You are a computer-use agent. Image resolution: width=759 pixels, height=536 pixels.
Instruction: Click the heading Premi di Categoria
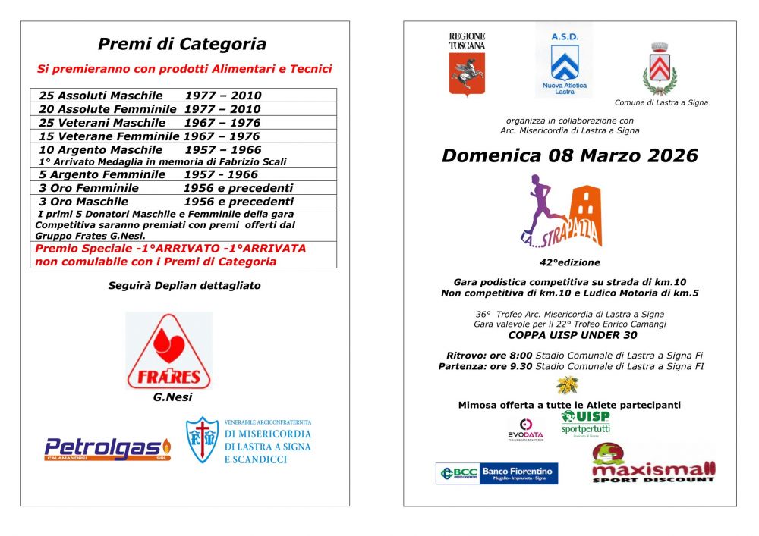tap(182, 44)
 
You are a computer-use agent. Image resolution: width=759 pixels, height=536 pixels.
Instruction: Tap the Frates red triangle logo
tap(168, 350)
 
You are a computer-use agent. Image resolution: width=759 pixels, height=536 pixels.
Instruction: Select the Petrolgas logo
tap(107, 449)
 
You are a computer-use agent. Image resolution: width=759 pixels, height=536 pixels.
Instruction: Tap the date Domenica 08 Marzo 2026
tap(569, 155)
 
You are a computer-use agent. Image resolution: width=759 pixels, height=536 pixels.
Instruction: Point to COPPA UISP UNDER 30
tap(572, 335)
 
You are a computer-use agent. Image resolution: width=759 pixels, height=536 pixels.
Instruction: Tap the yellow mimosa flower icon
tap(567, 386)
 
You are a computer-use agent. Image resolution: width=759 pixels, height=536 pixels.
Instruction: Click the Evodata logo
tap(525, 429)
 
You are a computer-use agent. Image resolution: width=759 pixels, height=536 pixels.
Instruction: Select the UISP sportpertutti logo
tap(585, 423)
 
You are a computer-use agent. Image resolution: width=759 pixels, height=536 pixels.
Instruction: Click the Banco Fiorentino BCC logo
tap(496, 474)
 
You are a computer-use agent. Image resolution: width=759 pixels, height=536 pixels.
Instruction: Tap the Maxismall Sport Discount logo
tap(653, 465)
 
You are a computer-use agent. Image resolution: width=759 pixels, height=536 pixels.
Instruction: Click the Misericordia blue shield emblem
tap(202, 440)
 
